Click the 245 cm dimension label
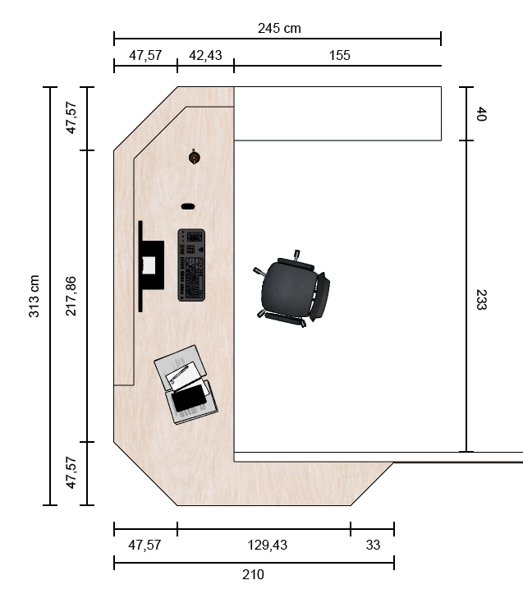tap(279, 29)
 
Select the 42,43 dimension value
tap(205, 56)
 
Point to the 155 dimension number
tap(339, 56)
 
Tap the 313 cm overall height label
tap(34, 297)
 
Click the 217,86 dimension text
tap(71, 297)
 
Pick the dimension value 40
tap(481, 114)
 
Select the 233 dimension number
tap(481, 300)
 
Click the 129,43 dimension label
tap(268, 546)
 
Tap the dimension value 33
tap(373, 546)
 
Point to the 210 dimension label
tap(253, 574)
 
